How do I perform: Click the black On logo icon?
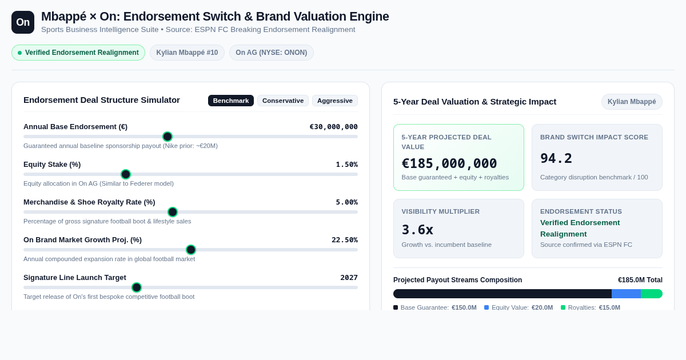pyautogui.click(x=23, y=22)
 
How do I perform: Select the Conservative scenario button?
pyautogui.click(x=283, y=101)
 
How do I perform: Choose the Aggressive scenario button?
pyautogui.click(x=335, y=101)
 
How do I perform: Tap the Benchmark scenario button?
pyautogui.click(x=231, y=101)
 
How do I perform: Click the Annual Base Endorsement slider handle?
pyautogui.click(x=167, y=137)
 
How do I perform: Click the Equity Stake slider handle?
pyautogui.click(x=126, y=174)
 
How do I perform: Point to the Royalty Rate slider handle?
pyautogui.click(x=173, y=212)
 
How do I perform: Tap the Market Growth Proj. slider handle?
pyautogui.click(x=191, y=250)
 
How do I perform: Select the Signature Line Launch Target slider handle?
pyautogui.click(x=136, y=287)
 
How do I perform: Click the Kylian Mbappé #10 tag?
pyautogui.click(x=187, y=53)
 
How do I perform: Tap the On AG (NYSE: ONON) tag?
pyautogui.click(x=272, y=53)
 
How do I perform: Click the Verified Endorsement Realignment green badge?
pyautogui.click(x=78, y=53)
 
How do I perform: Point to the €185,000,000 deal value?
pyautogui.click(x=449, y=163)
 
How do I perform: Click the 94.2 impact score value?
pyautogui.click(x=556, y=159)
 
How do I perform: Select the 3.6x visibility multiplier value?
pyautogui.click(x=417, y=230)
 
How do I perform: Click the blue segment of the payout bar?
pyautogui.click(x=627, y=294)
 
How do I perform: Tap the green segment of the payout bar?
pyautogui.click(x=652, y=294)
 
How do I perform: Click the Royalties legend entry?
pyautogui.click(x=591, y=307)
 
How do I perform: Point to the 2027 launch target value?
pyautogui.click(x=349, y=278)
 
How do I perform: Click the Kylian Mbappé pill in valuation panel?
pyautogui.click(x=632, y=102)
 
